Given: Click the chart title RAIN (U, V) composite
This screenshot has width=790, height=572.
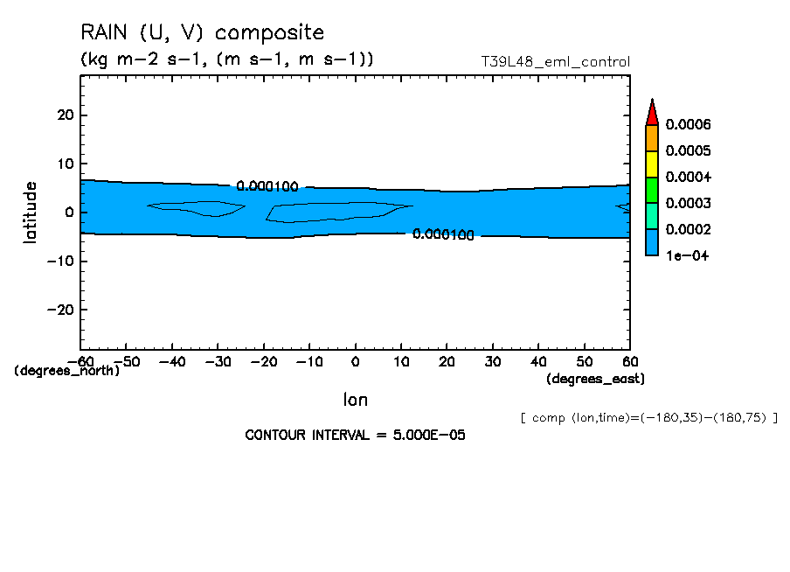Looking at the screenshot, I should tap(202, 33).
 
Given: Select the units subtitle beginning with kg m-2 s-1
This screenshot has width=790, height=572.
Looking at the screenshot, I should tap(227, 59).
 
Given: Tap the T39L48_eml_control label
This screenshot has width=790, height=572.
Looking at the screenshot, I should tap(555, 62).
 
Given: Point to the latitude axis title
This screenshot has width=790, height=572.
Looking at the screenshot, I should tap(31, 213).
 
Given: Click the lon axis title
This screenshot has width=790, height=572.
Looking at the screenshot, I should tap(355, 400).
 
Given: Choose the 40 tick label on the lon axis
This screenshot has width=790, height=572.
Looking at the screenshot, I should tap(539, 361).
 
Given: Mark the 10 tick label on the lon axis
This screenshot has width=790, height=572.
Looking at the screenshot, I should tap(401, 361).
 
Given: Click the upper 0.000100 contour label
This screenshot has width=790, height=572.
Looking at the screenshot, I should tap(267, 186).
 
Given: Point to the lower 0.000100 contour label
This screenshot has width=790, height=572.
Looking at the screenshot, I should tap(443, 234).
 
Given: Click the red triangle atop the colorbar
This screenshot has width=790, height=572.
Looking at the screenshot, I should tap(651, 112).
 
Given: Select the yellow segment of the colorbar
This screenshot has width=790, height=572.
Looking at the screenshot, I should tap(651, 164).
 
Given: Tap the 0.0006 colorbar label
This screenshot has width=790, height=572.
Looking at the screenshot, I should tap(688, 125).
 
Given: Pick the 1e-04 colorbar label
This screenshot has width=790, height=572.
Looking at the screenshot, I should tap(686, 256).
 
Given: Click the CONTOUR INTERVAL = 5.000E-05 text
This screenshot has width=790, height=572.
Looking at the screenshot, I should tap(355, 436).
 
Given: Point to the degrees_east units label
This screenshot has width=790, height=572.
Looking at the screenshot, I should tap(595, 379).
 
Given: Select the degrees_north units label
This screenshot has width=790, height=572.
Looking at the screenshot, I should tap(67, 371).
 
